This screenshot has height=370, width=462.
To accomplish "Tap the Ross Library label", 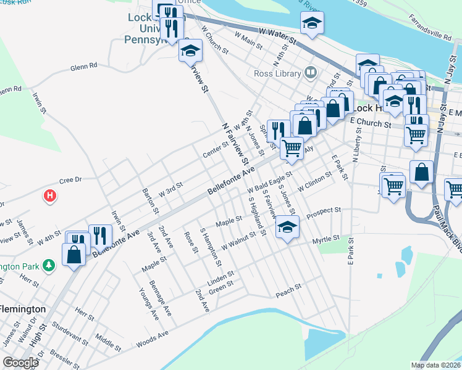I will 276,73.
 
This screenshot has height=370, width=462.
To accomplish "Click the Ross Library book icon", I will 311,73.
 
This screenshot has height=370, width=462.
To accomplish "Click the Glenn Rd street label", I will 84,66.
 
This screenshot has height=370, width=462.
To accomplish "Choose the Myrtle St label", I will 326,239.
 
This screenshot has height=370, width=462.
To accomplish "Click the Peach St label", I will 288,287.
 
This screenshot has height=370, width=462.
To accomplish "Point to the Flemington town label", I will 23,308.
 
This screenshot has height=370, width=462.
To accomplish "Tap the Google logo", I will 20,363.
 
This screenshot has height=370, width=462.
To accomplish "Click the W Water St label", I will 278,35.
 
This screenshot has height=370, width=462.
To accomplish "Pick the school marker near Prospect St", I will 287,228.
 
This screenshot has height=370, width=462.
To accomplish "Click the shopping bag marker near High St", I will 73,254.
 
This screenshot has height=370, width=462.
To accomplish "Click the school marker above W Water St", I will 312,23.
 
